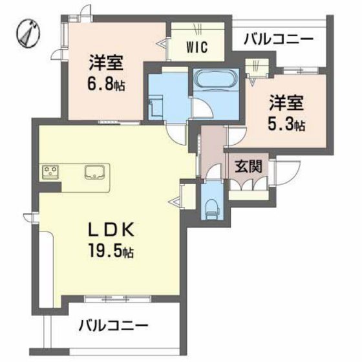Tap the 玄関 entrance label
click(248, 165)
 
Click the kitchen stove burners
click(50, 171)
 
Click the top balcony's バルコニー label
click(279, 39)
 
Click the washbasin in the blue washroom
click(156, 107)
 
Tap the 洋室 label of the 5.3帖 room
click(286, 102)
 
